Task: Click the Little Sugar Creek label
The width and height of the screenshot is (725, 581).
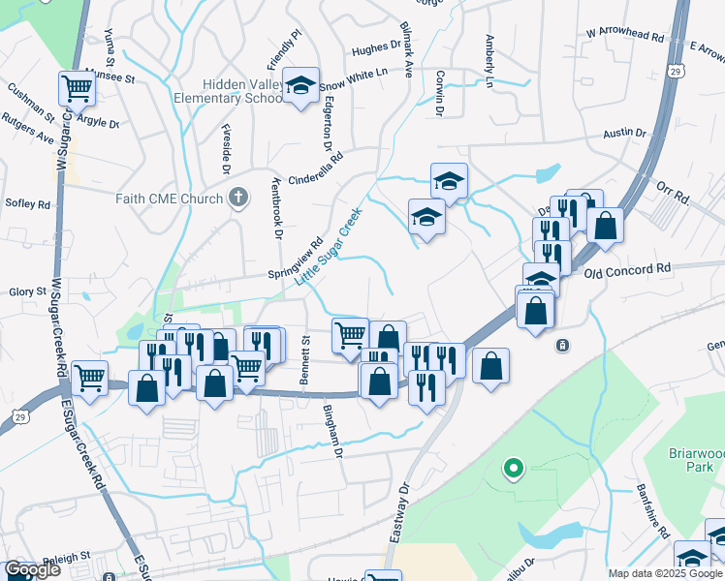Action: pyautogui.click(x=329, y=245)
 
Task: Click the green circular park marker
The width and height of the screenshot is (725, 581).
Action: pyautogui.click(x=513, y=470)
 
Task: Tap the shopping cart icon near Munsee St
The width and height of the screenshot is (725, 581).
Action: pyautogui.click(x=76, y=88)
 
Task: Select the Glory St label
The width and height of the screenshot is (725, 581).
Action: pyautogui.click(x=28, y=291)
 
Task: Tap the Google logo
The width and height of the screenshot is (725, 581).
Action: pyautogui.click(x=32, y=569)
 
